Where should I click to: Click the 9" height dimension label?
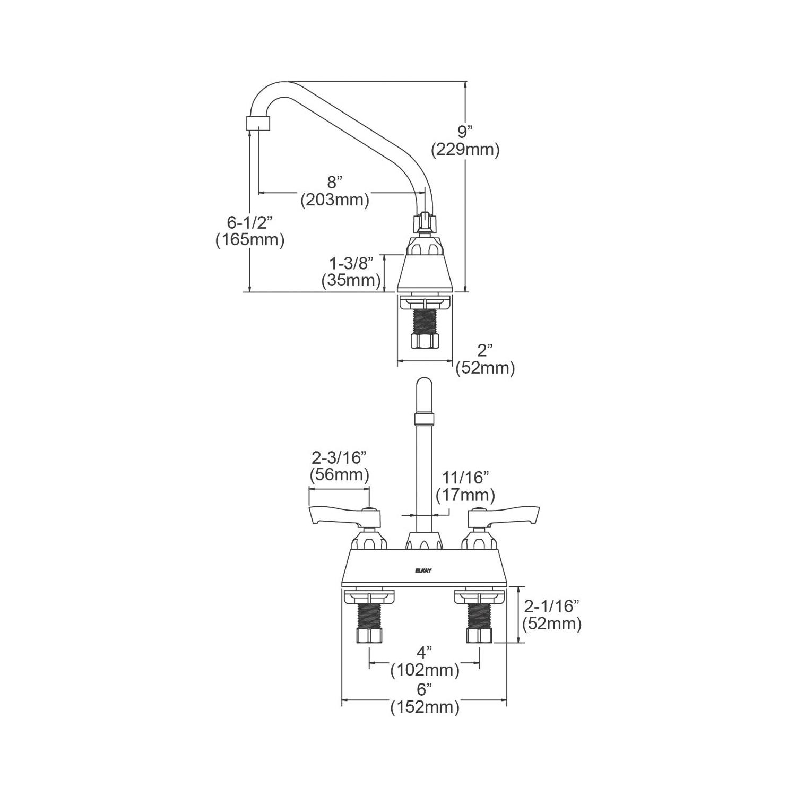[465, 132]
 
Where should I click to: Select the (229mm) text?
[465, 150]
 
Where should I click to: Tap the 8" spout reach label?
[333, 183]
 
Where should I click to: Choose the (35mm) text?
[351, 281]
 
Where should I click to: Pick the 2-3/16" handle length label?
[339, 457]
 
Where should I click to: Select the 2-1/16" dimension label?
[552, 606]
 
